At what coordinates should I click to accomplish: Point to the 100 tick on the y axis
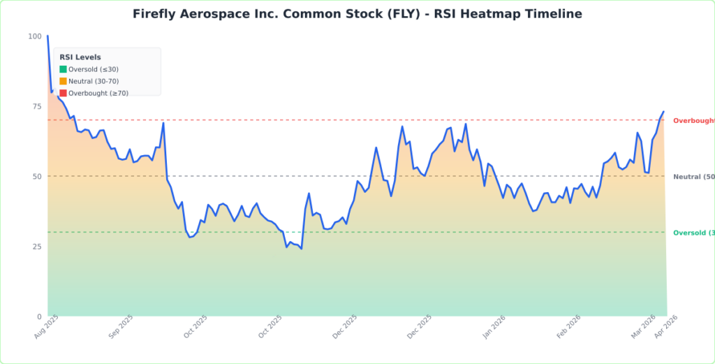[34, 36]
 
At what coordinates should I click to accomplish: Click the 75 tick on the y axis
[36, 106]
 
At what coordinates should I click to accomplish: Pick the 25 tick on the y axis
[36, 247]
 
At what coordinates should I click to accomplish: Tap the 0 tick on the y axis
[39, 316]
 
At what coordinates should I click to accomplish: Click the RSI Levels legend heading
[80, 57]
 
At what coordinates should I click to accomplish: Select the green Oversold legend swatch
[63, 69]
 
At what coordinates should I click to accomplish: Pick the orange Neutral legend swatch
[63, 81]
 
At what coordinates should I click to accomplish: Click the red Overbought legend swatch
[63, 93]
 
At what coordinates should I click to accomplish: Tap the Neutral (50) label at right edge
[693, 177]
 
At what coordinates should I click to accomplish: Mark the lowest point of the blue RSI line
[301, 249]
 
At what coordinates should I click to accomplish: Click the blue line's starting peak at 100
[47, 36]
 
